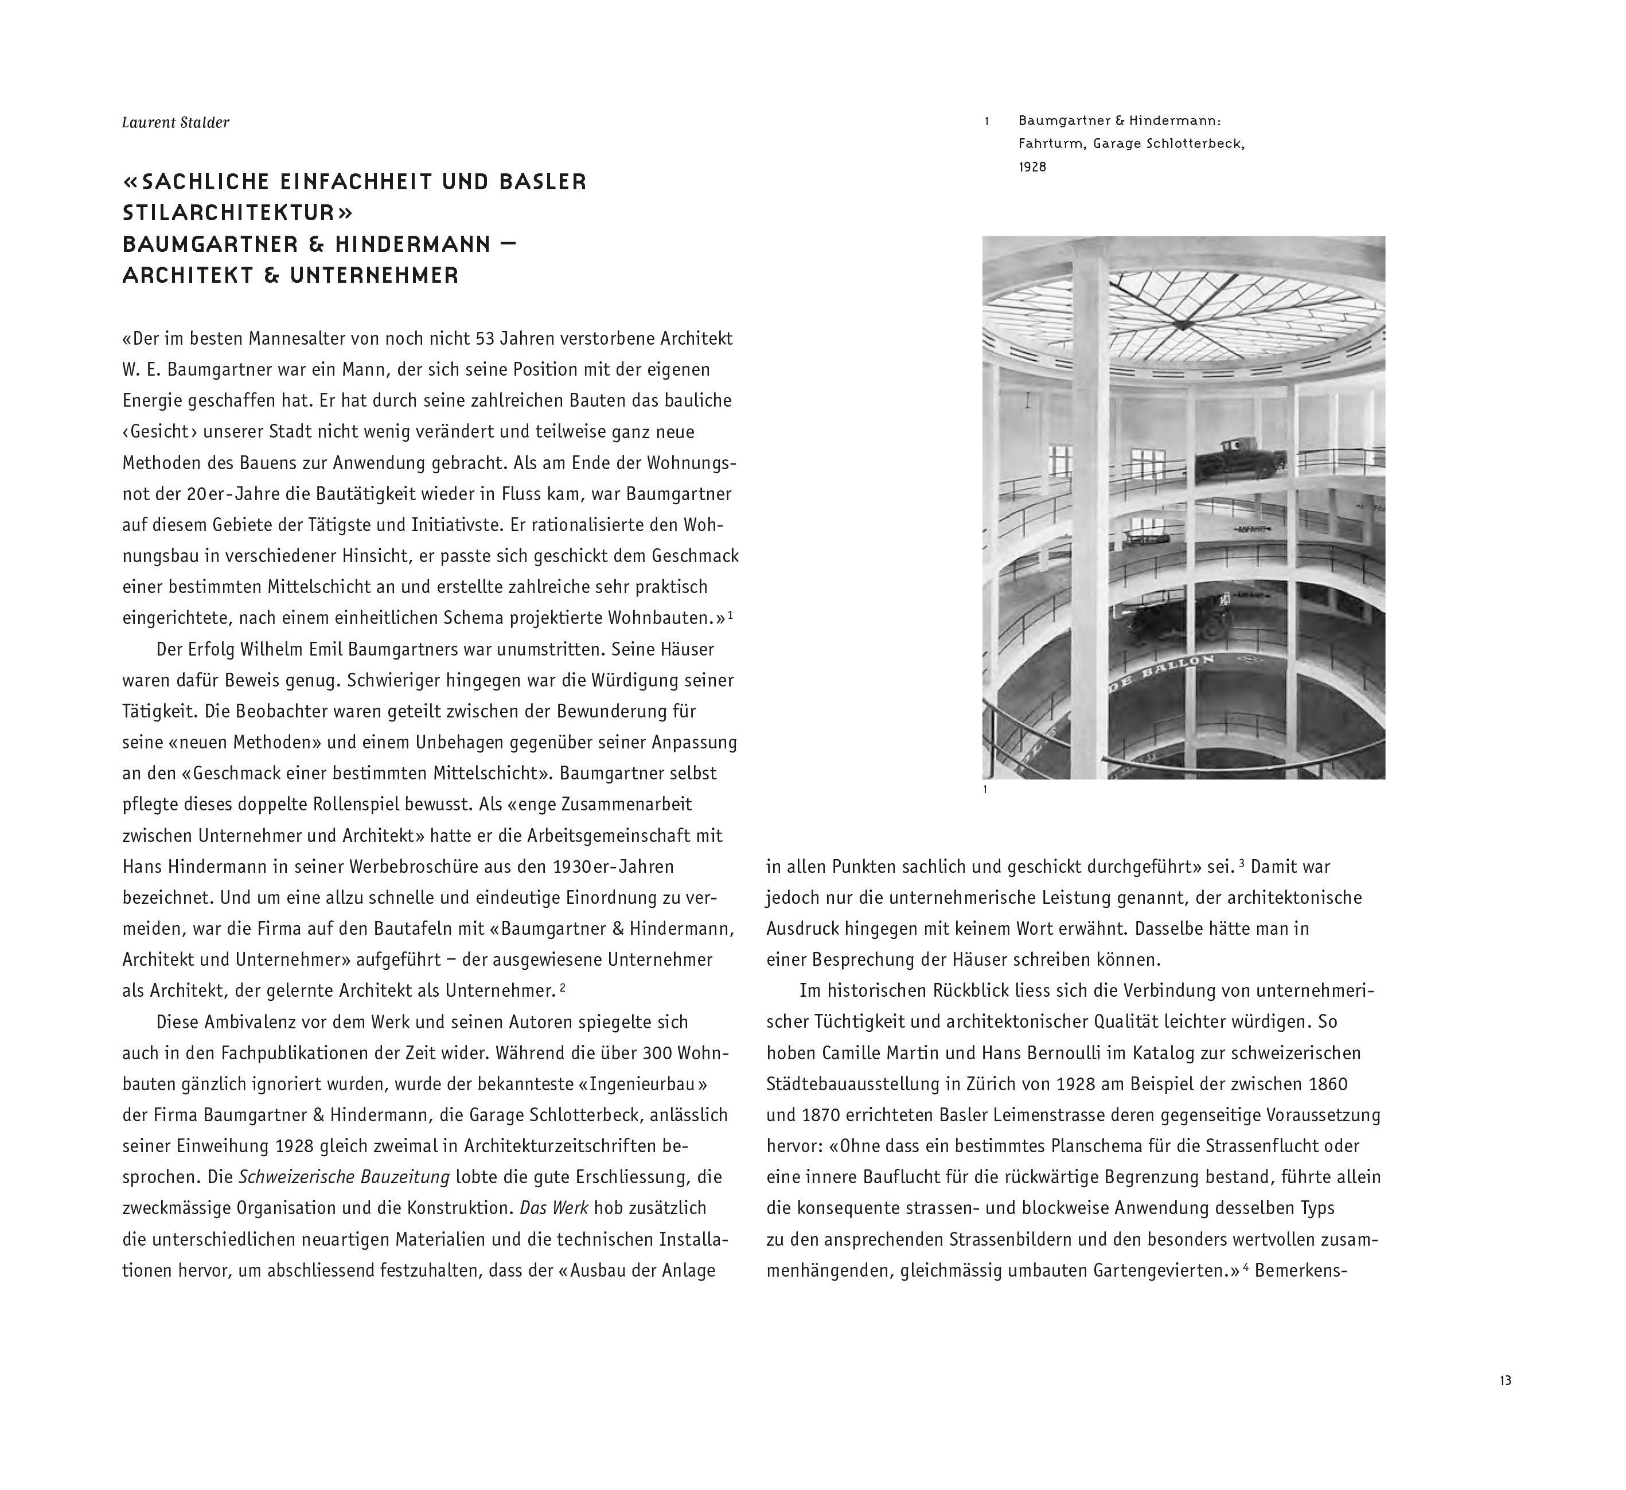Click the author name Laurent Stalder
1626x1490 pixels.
point(175,123)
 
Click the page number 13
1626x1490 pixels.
point(1505,1380)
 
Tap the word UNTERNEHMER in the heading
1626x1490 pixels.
point(373,275)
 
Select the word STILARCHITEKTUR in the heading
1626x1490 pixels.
point(238,213)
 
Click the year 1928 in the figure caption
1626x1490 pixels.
point(1032,167)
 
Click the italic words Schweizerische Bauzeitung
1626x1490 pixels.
point(344,1177)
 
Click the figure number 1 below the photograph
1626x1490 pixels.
point(985,790)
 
